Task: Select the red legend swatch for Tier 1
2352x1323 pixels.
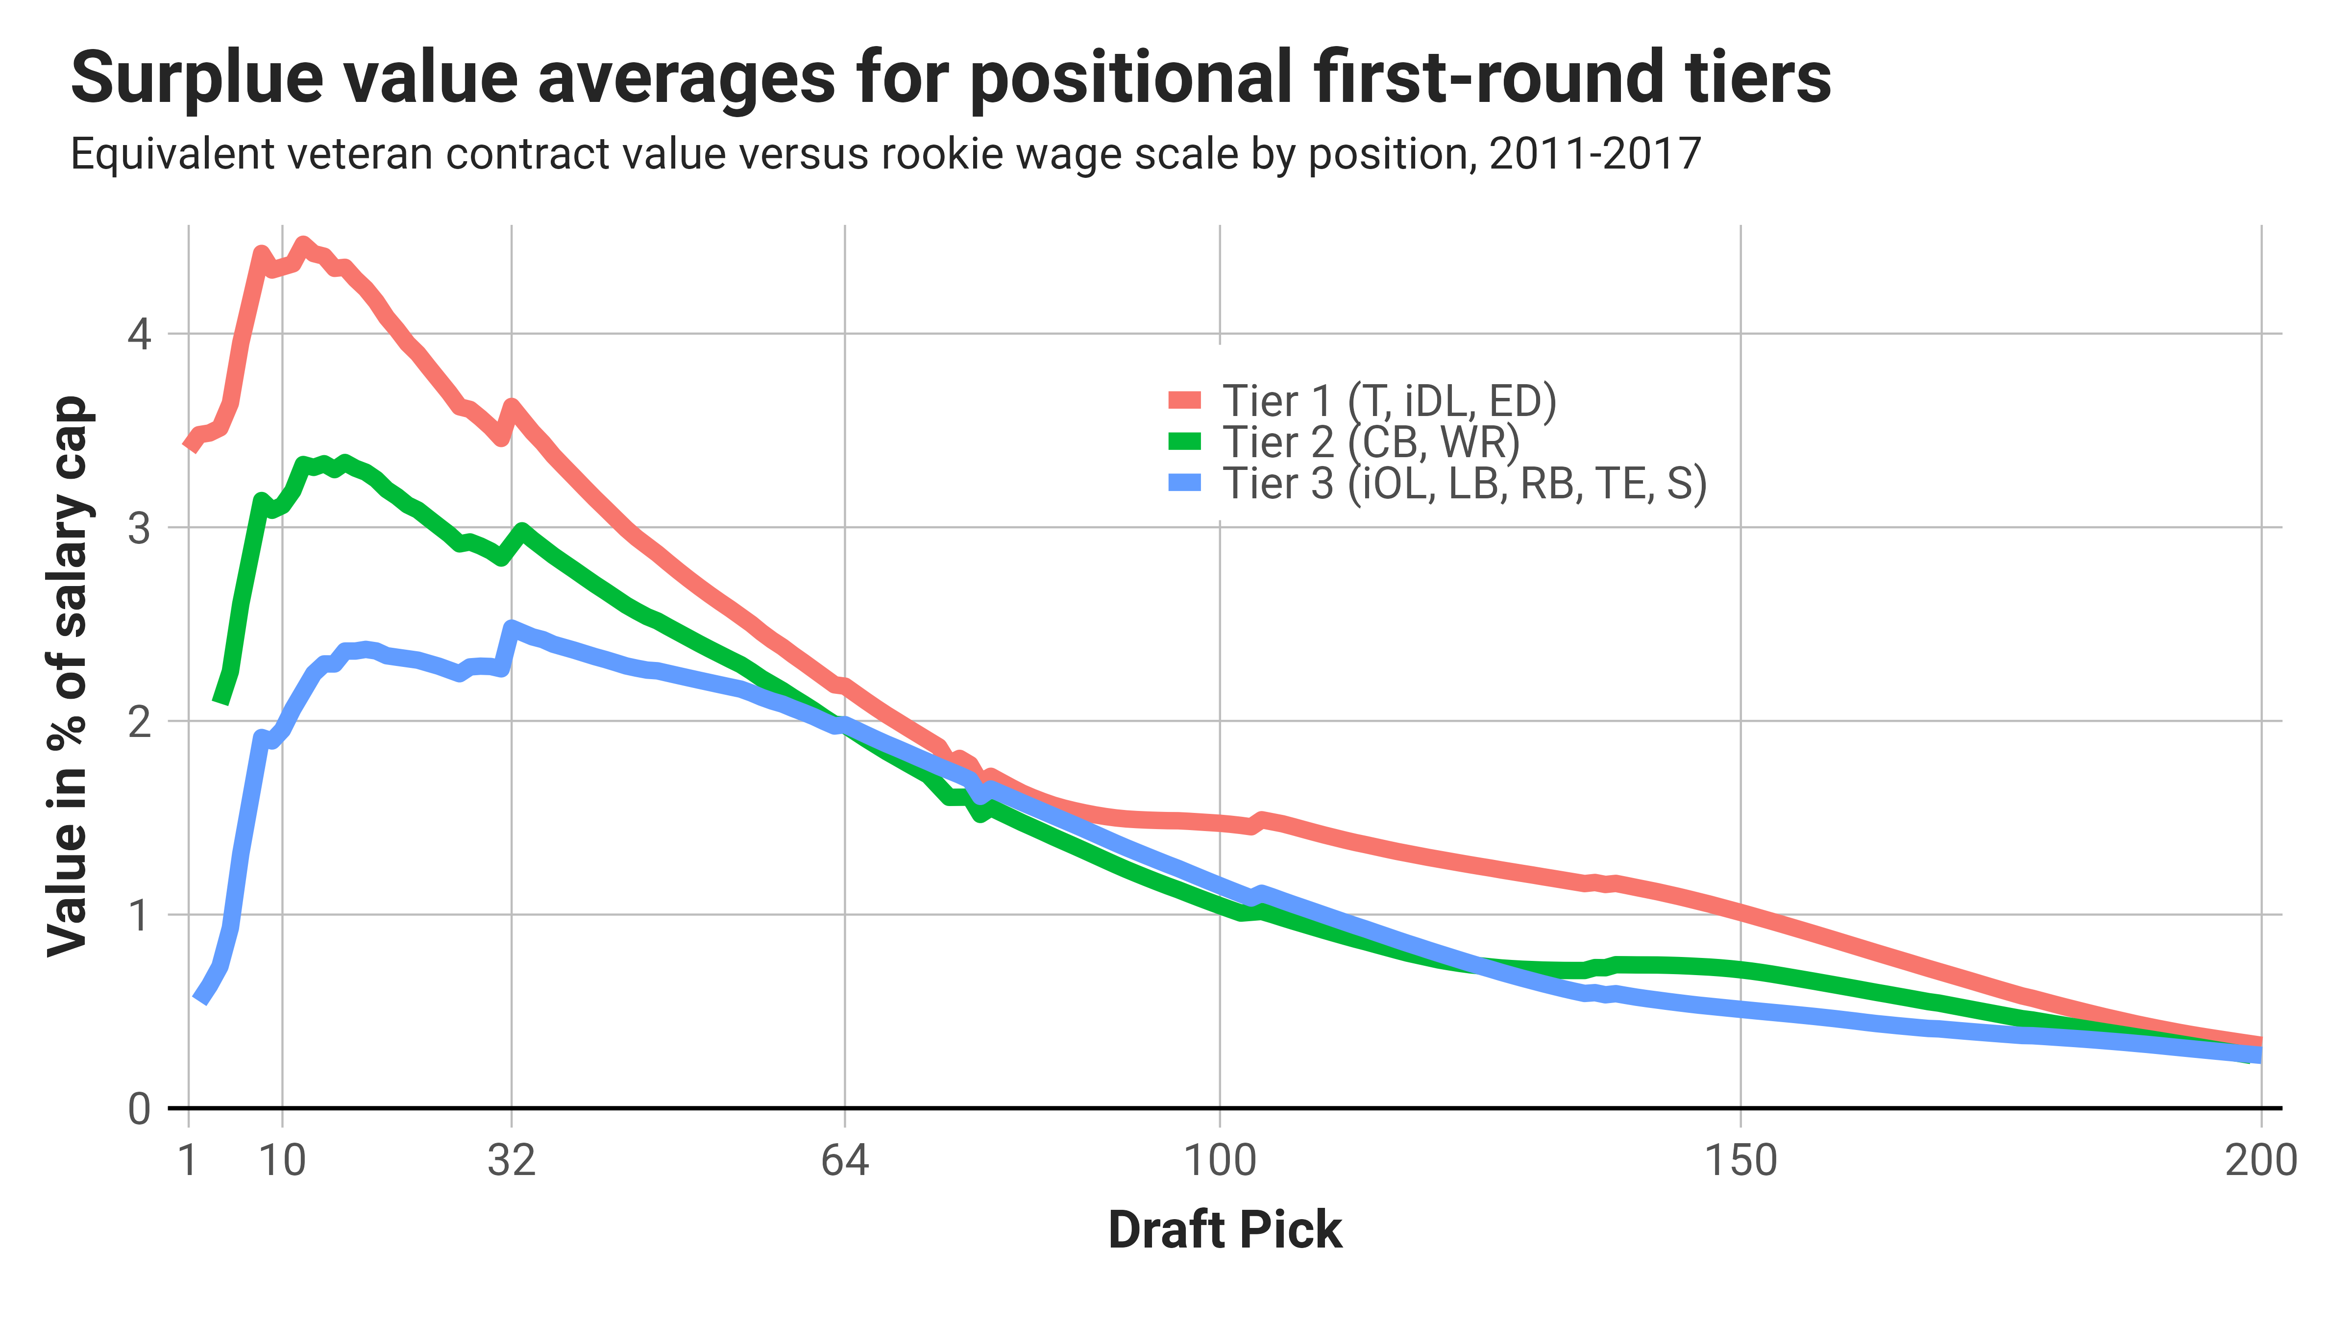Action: [1184, 400]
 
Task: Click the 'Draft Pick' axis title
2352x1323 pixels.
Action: [1225, 1230]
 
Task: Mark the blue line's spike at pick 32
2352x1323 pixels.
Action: [511, 628]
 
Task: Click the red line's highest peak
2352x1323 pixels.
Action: [303, 245]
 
